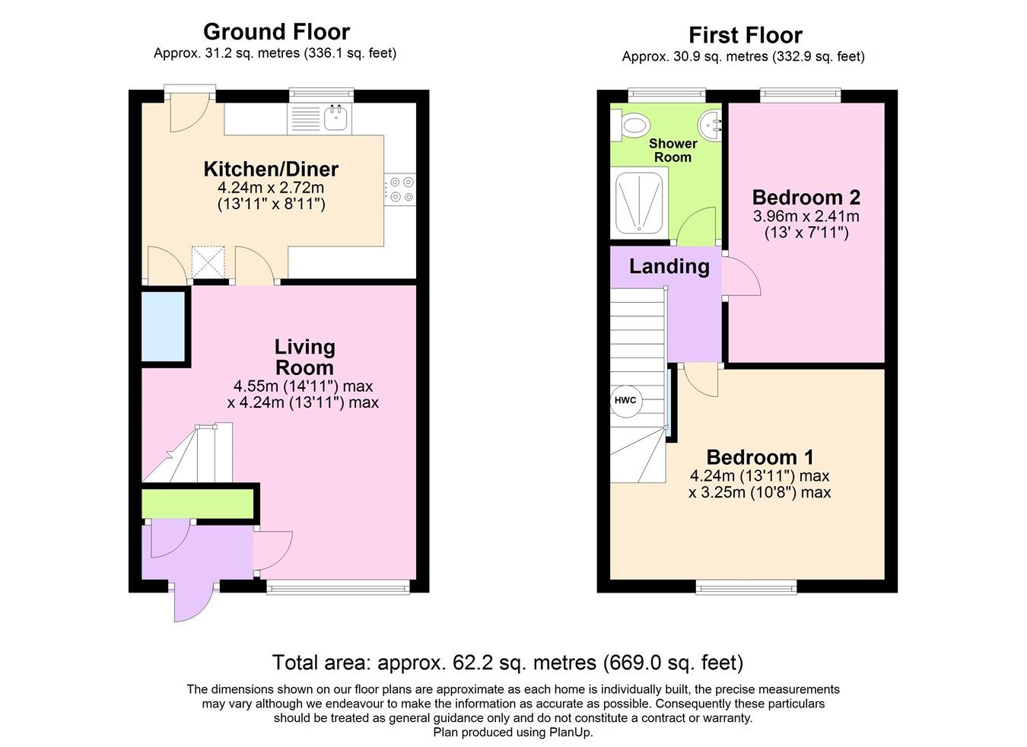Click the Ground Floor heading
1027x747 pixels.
click(x=276, y=32)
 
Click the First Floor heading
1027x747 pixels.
click(x=745, y=36)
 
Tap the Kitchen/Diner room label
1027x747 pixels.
click(x=271, y=169)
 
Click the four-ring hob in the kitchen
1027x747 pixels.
click(x=401, y=189)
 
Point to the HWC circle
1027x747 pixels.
click(x=625, y=400)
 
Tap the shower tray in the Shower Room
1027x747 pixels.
click(x=640, y=201)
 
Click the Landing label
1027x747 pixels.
click(x=669, y=266)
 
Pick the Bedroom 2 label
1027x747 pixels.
click(x=806, y=198)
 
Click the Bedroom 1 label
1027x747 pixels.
click(x=759, y=457)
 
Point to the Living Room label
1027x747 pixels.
click(x=304, y=357)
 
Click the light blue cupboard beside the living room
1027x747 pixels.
click(x=164, y=326)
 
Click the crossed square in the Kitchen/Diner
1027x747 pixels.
click(x=208, y=261)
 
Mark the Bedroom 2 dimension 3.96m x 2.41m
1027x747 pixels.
click(x=806, y=217)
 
